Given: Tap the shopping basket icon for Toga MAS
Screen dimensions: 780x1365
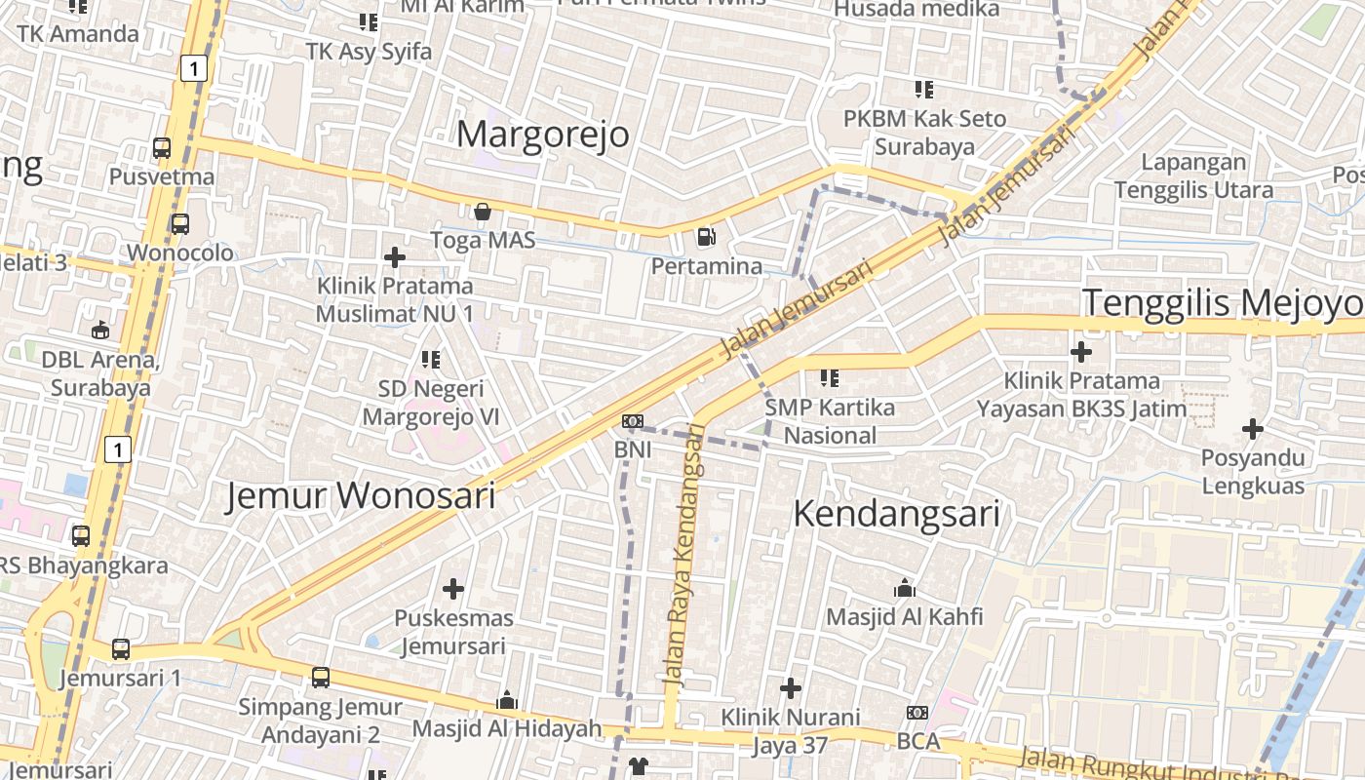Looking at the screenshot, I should tap(482, 211).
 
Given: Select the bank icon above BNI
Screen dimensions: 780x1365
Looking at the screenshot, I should tap(633, 421).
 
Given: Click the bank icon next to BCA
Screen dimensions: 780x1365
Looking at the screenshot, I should tap(916, 713).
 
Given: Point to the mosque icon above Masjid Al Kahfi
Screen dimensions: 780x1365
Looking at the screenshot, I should tap(905, 588).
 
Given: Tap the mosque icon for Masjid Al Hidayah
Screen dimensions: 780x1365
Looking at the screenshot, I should tap(506, 700).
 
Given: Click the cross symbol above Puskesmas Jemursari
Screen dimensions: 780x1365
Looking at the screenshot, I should tap(453, 589).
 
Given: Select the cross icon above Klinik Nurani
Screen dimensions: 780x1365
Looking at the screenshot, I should tap(791, 688).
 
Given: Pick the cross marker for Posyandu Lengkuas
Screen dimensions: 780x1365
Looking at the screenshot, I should tap(1253, 428).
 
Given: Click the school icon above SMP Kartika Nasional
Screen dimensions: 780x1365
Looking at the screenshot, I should tap(830, 377).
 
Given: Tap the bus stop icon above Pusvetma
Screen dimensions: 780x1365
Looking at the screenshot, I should tap(162, 148).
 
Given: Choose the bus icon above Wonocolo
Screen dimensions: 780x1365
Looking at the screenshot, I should tap(180, 224).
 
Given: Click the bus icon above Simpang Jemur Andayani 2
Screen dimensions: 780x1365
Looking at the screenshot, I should tap(321, 677).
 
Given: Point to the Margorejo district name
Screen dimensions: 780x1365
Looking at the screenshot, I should tap(543, 134).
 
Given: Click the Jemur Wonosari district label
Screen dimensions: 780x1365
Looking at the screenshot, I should tap(361, 495).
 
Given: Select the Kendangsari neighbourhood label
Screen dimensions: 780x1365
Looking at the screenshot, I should tap(896, 513).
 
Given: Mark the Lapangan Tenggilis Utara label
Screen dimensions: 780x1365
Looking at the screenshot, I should tap(1193, 175).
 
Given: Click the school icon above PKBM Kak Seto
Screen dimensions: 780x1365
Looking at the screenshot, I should tap(923, 90).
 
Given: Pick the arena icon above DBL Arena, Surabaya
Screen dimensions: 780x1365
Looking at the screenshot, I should tap(100, 330).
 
